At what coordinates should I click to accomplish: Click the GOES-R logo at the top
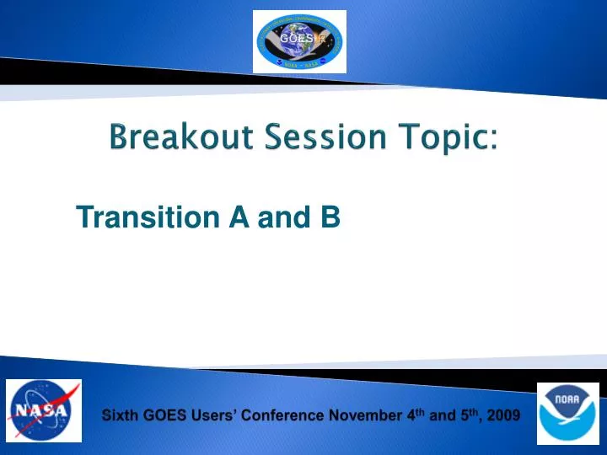[x=299, y=41]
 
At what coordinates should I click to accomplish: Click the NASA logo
[x=44, y=410]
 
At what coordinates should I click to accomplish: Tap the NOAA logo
[x=567, y=413]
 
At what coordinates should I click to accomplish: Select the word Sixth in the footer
[x=119, y=415]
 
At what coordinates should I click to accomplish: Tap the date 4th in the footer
[x=411, y=414]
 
